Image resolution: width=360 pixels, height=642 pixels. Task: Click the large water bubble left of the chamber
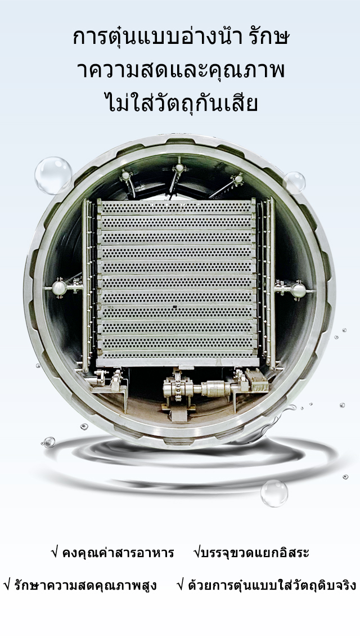53,176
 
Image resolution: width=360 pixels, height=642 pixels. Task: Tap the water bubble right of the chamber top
294,183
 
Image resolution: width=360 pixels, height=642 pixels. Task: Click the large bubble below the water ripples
274,493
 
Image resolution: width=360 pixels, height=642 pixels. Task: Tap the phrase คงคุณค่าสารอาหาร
118,553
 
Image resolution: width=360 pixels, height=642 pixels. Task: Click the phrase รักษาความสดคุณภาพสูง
85,585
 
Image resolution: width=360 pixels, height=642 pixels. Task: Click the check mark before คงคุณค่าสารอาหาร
55,553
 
